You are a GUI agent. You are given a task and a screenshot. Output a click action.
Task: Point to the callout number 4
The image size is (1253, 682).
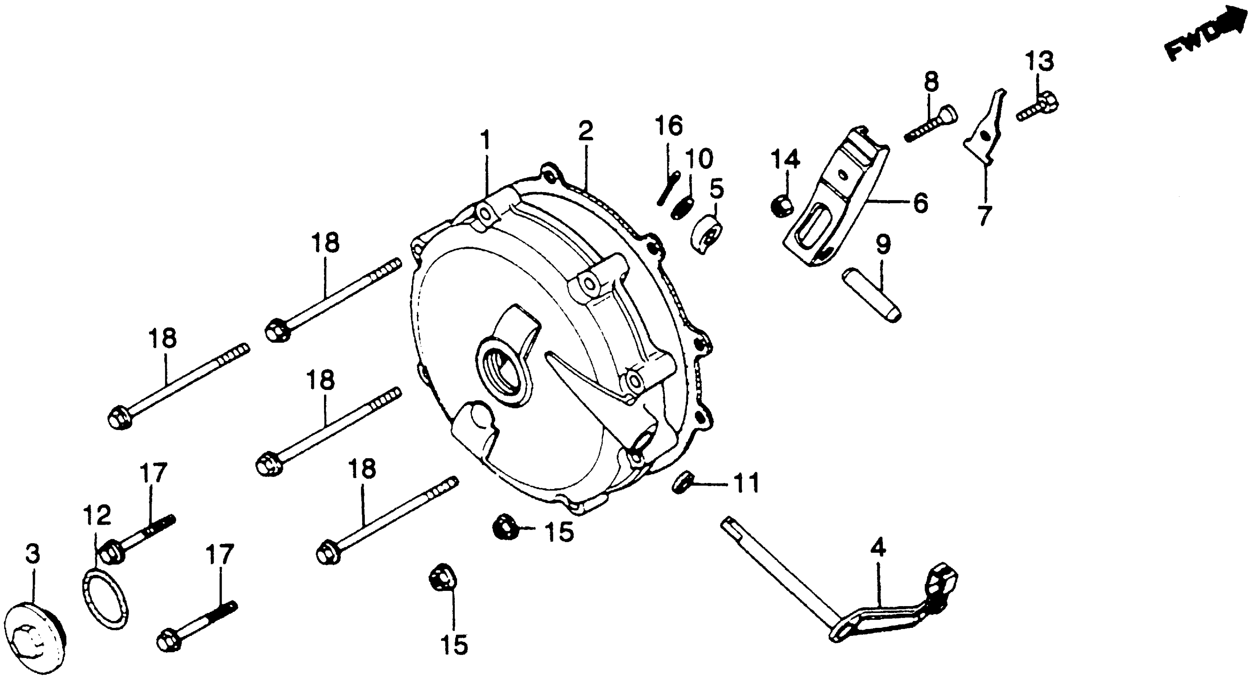pos(878,549)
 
